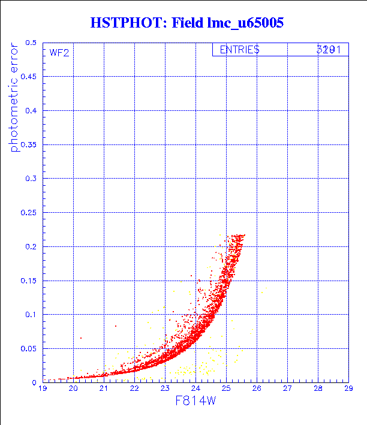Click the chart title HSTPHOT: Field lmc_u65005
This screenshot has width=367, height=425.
click(186, 23)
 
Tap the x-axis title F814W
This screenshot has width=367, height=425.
click(195, 401)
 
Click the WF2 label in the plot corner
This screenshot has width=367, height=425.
click(59, 52)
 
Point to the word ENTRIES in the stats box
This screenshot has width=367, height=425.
click(239, 50)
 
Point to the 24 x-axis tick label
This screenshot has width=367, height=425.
click(195, 389)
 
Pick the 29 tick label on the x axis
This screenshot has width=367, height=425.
click(348, 389)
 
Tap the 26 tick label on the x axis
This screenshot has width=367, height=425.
click(257, 389)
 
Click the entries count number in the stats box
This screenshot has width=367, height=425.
click(329, 50)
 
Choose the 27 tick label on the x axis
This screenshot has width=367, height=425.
click(287, 389)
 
